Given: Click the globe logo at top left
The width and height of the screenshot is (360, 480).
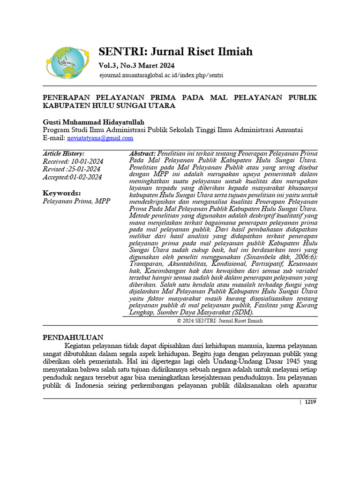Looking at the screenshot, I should (x=67, y=62).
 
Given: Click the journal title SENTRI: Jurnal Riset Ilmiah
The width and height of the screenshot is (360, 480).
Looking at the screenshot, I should (x=175, y=52).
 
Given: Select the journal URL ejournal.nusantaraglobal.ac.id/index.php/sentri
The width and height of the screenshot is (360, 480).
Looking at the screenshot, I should (x=161, y=75).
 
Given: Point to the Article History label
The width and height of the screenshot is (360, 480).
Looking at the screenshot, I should (x=64, y=153).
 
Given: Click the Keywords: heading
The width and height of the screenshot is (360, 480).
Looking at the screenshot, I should (x=62, y=193).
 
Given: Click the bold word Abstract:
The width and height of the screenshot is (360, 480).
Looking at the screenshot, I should (x=142, y=153).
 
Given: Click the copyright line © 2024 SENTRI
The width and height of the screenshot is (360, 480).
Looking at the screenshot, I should (x=220, y=321).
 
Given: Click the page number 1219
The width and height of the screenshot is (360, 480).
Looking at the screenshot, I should (x=310, y=402).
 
